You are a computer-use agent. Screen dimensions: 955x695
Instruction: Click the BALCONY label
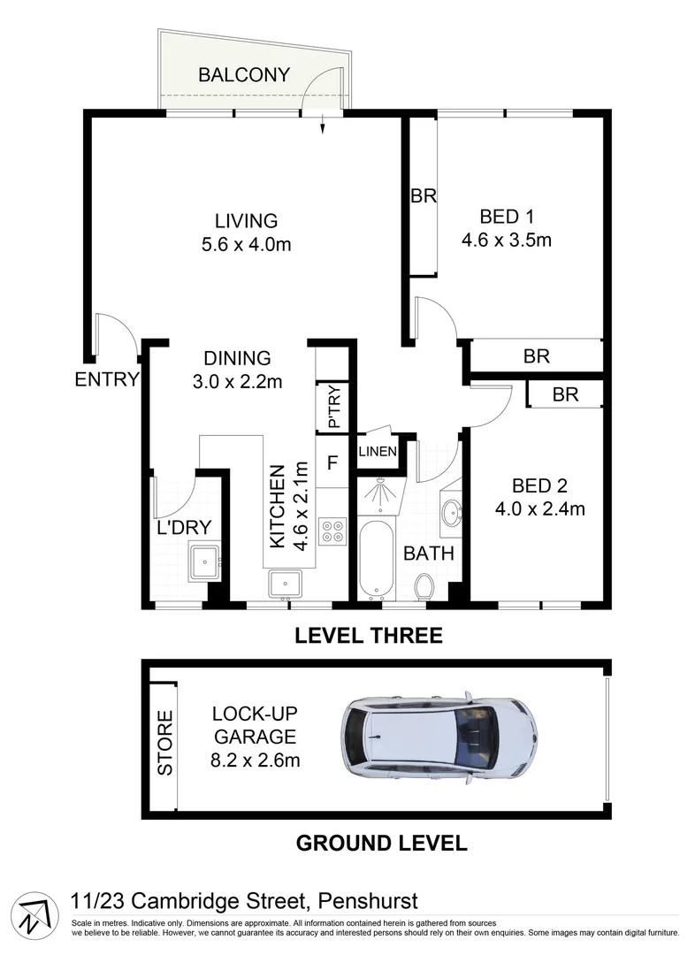tap(243, 74)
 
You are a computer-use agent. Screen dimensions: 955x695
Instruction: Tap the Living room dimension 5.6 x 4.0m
tap(246, 244)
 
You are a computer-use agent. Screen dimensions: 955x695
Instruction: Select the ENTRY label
tap(107, 380)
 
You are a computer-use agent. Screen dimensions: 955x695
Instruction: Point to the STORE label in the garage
tap(165, 745)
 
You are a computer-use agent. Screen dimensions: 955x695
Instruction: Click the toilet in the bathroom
tap(424, 586)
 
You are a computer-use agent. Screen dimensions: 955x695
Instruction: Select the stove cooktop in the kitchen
tap(334, 531)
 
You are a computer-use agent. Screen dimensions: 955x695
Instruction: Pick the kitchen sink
tap(286, 584)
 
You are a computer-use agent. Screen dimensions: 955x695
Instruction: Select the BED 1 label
tap(507, 216)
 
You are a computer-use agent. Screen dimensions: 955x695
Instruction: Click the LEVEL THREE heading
tap(368, 635)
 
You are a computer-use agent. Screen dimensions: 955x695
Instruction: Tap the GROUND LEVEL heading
tap(380, 842)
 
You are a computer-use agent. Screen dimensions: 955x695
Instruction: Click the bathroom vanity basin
tap(452, 511)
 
